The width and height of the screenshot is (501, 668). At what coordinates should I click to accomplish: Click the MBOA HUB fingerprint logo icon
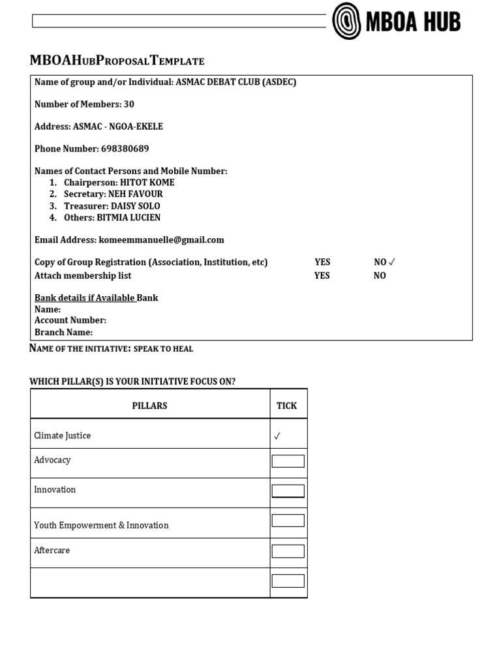coord(346,21)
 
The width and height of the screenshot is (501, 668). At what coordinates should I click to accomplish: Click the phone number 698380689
coord(125,149)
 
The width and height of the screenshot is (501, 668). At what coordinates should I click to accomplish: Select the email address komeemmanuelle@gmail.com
coord(161,240)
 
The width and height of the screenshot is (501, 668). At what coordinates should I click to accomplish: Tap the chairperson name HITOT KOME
coord(147,183)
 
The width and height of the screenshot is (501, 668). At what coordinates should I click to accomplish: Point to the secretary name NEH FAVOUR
coord(136,194)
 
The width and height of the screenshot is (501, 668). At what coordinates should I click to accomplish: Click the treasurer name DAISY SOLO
coord(136,206)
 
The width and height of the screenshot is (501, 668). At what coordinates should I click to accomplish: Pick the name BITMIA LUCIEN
coord(129,218)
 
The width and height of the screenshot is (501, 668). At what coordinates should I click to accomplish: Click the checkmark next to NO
coord(392,262)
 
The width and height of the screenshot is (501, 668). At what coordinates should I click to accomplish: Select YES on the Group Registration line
coord(322,262)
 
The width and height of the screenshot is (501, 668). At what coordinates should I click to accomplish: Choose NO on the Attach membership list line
coord(380,276)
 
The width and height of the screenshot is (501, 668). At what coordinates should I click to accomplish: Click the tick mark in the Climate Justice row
coord(277,436)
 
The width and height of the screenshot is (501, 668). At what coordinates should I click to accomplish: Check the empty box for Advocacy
coord(288,461)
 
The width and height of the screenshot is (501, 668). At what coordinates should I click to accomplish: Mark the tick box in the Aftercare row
coord(288,551)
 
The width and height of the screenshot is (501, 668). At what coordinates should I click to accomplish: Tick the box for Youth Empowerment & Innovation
coord(288,521)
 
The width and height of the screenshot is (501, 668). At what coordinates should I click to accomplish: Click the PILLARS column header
coord(149,406)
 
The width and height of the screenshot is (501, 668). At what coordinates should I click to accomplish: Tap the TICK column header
coord(286,406)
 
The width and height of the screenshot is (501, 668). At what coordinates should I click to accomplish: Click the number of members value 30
coord(129,104)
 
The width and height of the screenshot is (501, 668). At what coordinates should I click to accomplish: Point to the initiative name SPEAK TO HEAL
coord(163,349)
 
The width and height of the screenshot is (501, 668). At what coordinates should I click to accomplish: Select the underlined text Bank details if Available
coord(85,298)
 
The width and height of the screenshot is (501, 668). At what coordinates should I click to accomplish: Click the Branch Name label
coord(63,332)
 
